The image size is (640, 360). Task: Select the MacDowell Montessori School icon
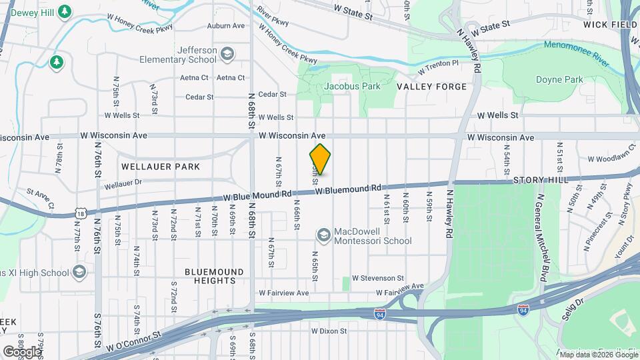pyautogui.click(x=324, y=235)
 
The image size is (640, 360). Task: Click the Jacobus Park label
pyautogui.click(x=352, y=86)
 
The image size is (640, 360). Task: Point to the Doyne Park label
pyautogui.click(x=559, y=79)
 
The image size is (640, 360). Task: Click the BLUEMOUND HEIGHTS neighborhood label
pyautogui.click(x=210, y=276)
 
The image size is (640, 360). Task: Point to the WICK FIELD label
pyautogui.click(x=611, y=25)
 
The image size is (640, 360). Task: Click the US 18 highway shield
pyautogui.click(x=81, y=212)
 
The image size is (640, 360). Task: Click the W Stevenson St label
pyautogui.click(x=378, y=277)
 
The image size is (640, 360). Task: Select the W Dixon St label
pyautogui.click(x=329, y=331)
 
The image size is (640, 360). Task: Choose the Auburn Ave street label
pyautogui.click(x=226, y=25)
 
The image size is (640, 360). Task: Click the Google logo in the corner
pyautogui.click(x=22, y=351)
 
